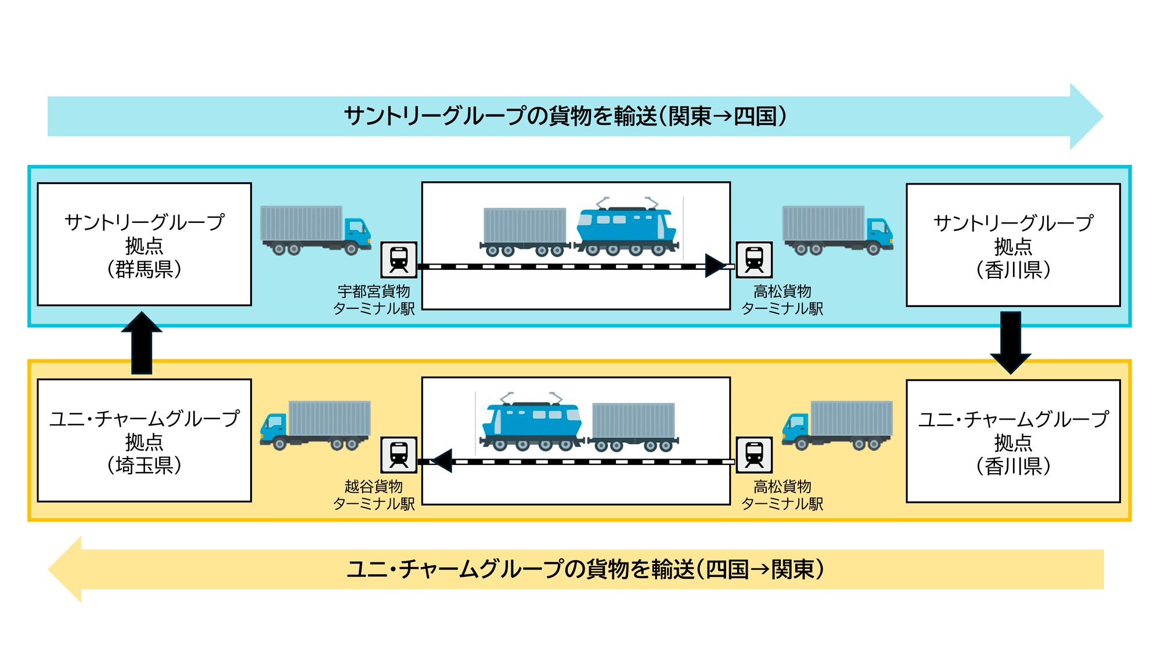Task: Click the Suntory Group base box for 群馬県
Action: coord(144,244)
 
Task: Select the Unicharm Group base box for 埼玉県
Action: coord(144,441)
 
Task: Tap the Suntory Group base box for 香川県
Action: coord(1013,245)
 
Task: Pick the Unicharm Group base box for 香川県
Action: coord(1013,441)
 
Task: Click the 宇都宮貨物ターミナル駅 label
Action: coord(374,300)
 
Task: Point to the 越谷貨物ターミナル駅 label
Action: coord(374,495)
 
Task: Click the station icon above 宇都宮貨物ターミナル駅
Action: coord(399,260)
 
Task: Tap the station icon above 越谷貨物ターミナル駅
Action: coord(399,455)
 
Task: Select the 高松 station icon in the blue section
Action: coord(754,260)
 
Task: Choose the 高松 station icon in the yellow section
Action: coord(754,455)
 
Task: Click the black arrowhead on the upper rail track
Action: coord(715,266)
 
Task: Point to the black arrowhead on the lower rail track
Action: coord(442,461)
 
